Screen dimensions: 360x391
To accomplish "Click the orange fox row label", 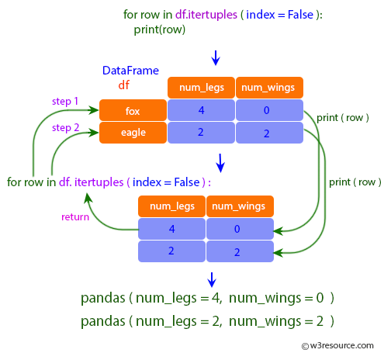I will tap(133, 110).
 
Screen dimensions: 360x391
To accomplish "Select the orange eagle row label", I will tap(133, 133).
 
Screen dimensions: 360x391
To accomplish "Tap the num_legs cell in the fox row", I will tap(201, 110).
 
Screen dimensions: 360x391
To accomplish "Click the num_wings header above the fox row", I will tap(269, 88).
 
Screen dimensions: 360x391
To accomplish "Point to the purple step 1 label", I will tap(65, 102).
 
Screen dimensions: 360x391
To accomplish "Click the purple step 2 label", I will tap(65, 126).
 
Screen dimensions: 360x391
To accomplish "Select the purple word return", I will tap(75, 216).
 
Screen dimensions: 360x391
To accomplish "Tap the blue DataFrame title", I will tap(130, 71).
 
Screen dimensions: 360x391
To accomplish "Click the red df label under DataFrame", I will tap(123, 84).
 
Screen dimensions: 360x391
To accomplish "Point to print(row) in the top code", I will tap(160, 30).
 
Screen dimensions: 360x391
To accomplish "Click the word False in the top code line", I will tap(304, 16).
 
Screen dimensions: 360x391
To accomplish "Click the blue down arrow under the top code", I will tap(216, 57).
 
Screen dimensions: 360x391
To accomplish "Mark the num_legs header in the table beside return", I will tap(171, 206).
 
